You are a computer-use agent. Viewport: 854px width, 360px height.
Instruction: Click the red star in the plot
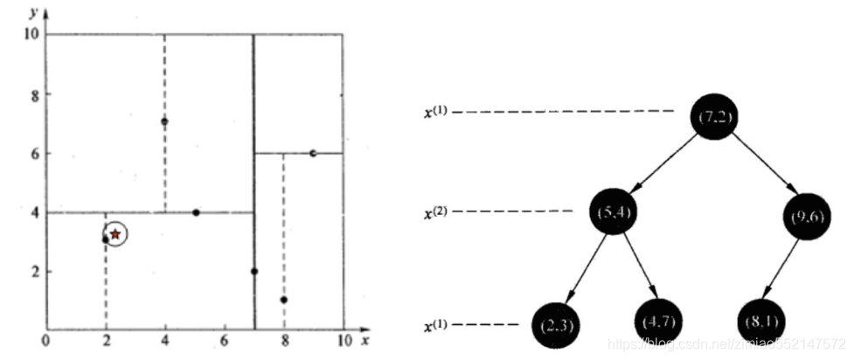(115, 234)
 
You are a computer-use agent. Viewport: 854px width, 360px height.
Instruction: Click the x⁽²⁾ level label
(437, 211)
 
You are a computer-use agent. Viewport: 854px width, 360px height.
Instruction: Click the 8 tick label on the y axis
(35, 94)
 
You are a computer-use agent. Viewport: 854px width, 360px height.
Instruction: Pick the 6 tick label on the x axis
(224, 341)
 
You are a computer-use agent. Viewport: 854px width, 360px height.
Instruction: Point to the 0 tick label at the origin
(46, 341)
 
